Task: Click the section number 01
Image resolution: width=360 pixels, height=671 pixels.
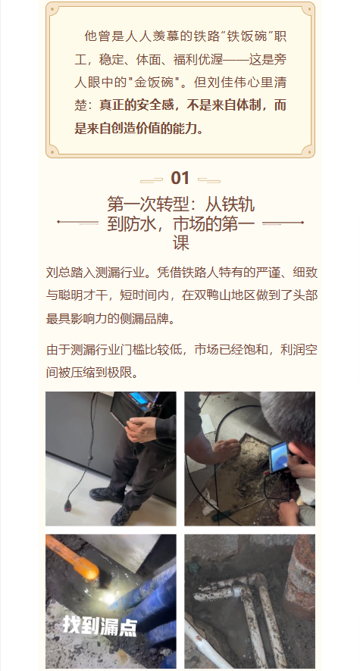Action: pos(180,179)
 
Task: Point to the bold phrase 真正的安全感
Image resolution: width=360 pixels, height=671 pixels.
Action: pos(136,105)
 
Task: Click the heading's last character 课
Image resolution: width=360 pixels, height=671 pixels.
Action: pos(180,243)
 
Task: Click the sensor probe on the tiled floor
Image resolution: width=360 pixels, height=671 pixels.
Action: pos(68,506)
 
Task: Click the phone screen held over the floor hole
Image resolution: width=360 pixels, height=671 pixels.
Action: pos(278,456)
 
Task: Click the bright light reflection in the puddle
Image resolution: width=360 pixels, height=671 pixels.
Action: pos(108,597)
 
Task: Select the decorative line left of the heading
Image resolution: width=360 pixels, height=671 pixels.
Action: pos(78,223)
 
